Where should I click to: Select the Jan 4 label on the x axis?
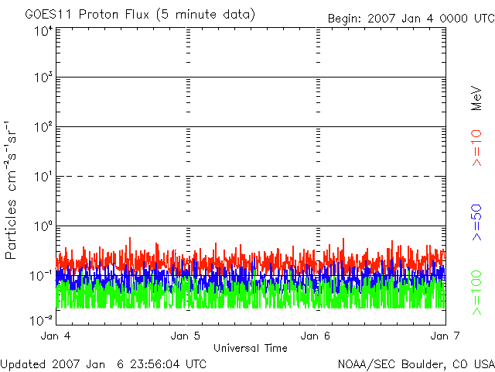pyautogui.click(x=56, y=336)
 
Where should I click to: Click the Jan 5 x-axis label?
pyautogui.click(x=186, y=336)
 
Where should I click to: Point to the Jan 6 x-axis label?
pyautogui.click(x=315, y=336)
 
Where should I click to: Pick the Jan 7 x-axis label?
pyautogui.click(x=445, y=336)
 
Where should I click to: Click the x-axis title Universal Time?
pyautogui.click(x=251, y=348)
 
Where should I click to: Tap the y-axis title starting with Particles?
pyautogui.click(x=11, y=190)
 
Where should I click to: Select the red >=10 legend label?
pyautogui.click(x=476, y=148)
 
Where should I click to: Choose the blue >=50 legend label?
pyautogui.click(x=476, y=222)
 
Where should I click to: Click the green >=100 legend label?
pyautogui.click(x=476, y=293)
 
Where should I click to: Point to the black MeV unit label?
pyautogui.click(x=476, y=98)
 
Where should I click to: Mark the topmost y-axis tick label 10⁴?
pyautogui.click(x=44, y=31)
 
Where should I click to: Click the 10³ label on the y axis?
pyautogui.click(x=44, y=77)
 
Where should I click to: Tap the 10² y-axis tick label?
pyautogui.click(x=44, y=127)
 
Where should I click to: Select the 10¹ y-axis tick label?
pyautogui.click(x=44, y=177)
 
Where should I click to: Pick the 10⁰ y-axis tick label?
pyautogui.click(x=44, y=226)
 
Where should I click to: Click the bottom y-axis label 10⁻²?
pyautogui.click(x=42, y=320)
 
